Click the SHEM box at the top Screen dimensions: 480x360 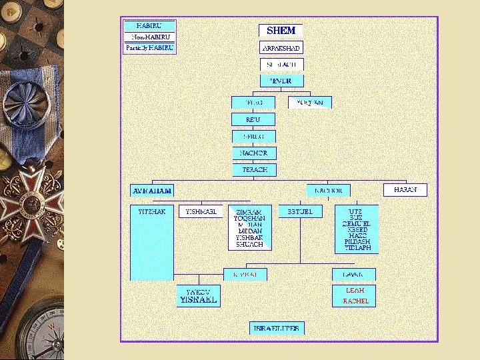tap(281, 31)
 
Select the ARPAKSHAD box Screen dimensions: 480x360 tap(281, 49)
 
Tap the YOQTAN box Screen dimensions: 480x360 tap(310, 103)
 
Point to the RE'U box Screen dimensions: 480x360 tap(253, 119)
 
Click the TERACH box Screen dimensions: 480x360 tap(253, 170)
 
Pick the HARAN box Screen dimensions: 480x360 tap(405, 190)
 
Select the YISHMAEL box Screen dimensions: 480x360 tap(201, 211)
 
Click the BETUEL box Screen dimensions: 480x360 tap(300, 211)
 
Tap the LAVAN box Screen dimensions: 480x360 tap(353, 274)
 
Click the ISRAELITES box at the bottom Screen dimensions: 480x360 tap(277, 328)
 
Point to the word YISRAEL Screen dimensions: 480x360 tap(198, 300)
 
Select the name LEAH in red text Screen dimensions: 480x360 tap(355, 291)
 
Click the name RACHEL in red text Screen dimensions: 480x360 tap(355, 301)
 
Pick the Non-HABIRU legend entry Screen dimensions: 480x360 tap(150, 37)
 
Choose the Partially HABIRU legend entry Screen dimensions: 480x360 tap(150, 48)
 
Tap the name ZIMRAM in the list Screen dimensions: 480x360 tap(249, 211)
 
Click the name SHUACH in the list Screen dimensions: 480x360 tap(249, 245)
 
